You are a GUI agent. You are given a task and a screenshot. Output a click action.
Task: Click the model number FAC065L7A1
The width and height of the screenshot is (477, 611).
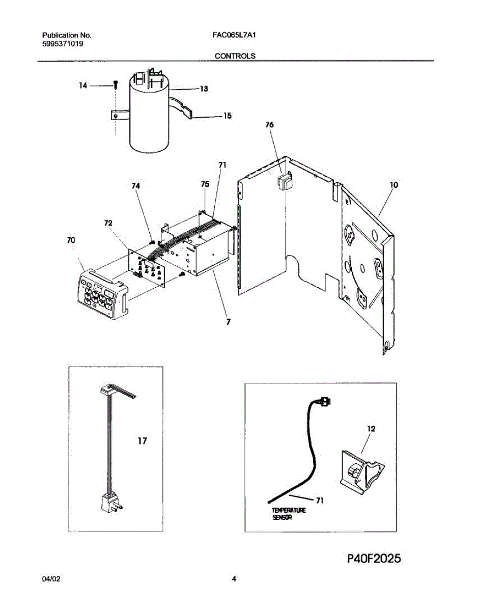point(233,36)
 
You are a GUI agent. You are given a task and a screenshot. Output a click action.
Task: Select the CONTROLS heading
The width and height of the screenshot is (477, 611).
point(235,56)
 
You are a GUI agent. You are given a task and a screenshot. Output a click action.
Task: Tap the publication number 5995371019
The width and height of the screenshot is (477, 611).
point(63,44)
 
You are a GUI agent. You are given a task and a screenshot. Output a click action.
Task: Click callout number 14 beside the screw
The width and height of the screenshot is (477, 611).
point(83,86)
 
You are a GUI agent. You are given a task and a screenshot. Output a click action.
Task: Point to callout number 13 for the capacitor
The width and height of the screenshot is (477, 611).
point(204,89)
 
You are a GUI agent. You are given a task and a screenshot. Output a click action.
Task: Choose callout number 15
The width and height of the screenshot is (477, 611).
point(227,116)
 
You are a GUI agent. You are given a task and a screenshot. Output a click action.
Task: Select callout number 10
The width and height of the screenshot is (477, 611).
point(394,185)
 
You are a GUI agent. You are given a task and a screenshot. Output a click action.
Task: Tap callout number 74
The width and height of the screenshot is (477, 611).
point(135,186)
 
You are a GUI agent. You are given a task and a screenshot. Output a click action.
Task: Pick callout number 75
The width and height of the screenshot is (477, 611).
point(205,184)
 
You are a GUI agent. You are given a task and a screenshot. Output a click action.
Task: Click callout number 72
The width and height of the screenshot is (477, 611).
point(108,223)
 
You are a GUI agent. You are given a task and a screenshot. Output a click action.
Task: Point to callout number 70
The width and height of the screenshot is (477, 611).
point(71,240)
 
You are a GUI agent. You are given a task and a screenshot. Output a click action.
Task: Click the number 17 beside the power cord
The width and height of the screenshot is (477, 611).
point(142,441)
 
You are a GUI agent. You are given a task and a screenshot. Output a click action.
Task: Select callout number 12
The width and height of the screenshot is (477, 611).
point(371,429)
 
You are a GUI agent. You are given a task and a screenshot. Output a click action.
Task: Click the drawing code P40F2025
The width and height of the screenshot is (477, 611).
point(374,559)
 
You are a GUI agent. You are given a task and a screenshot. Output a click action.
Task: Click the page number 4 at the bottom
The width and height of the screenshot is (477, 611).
point(234,579)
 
